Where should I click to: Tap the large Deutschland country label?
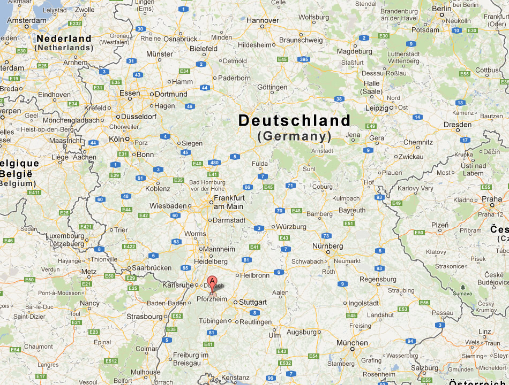pyautogui.click(x=294, y=120)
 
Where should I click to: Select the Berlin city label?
pyautogui.click(x=441, y=9)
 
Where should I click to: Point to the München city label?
pyautogui.click(x=352, y=343)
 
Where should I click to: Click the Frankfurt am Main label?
pyautogui.click(x=229, y=202)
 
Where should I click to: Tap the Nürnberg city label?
pyautogui.click(x=327, y=246)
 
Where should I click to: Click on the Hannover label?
pyautogui.click(x=263, y=20)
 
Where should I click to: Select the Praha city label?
pyautogui.click(x=491, y=199)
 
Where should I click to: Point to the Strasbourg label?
pyautogui.click(x=144, y=317)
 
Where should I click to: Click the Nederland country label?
pyautogui.click(x=64, y=39)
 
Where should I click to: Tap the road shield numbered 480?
pyautogui.click(x=214, y=163)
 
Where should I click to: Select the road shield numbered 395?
pyautogui.click(x=304, y=59)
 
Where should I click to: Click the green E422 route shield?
pyautogui.click(x=129, y=247)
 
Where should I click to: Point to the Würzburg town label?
pyautogui.click(x=292, y=226)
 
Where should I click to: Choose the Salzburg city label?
pyautogui.click(x=424, y=368)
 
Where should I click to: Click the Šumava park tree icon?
pyautogui.click(x=462, y=287)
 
